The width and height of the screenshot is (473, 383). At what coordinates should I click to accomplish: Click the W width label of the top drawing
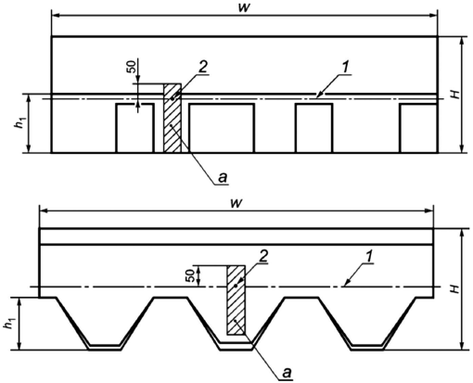click(x=244, y=8)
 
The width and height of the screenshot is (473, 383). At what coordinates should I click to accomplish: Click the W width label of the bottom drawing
click(x=236, y=203)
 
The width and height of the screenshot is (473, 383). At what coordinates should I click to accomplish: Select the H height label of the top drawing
click(x=454, y=94)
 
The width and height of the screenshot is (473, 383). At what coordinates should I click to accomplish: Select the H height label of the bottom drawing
click(x=454, y=288)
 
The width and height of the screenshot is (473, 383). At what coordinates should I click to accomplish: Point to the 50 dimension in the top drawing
click(x=132, y=68)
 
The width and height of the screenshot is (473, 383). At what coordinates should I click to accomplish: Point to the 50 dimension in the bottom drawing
click(x=190, y=275)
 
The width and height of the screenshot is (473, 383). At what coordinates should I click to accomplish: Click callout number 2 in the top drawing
click(x=202, y=68)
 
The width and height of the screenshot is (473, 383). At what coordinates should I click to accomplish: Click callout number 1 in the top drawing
click(x=346, y=69)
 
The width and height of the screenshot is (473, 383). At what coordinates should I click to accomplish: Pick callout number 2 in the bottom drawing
click(x=262, y=257)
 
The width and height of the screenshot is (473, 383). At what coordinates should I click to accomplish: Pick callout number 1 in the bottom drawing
click(x=368, y=257)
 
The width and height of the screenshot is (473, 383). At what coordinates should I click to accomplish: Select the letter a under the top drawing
click(x=223, y=178)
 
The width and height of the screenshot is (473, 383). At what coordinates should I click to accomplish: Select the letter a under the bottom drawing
click(x=287, y=373)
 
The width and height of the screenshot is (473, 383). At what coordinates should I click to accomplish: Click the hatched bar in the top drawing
click(x=173, y=118)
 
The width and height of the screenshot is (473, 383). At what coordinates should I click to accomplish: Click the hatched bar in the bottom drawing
click(x=236, y=300)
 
